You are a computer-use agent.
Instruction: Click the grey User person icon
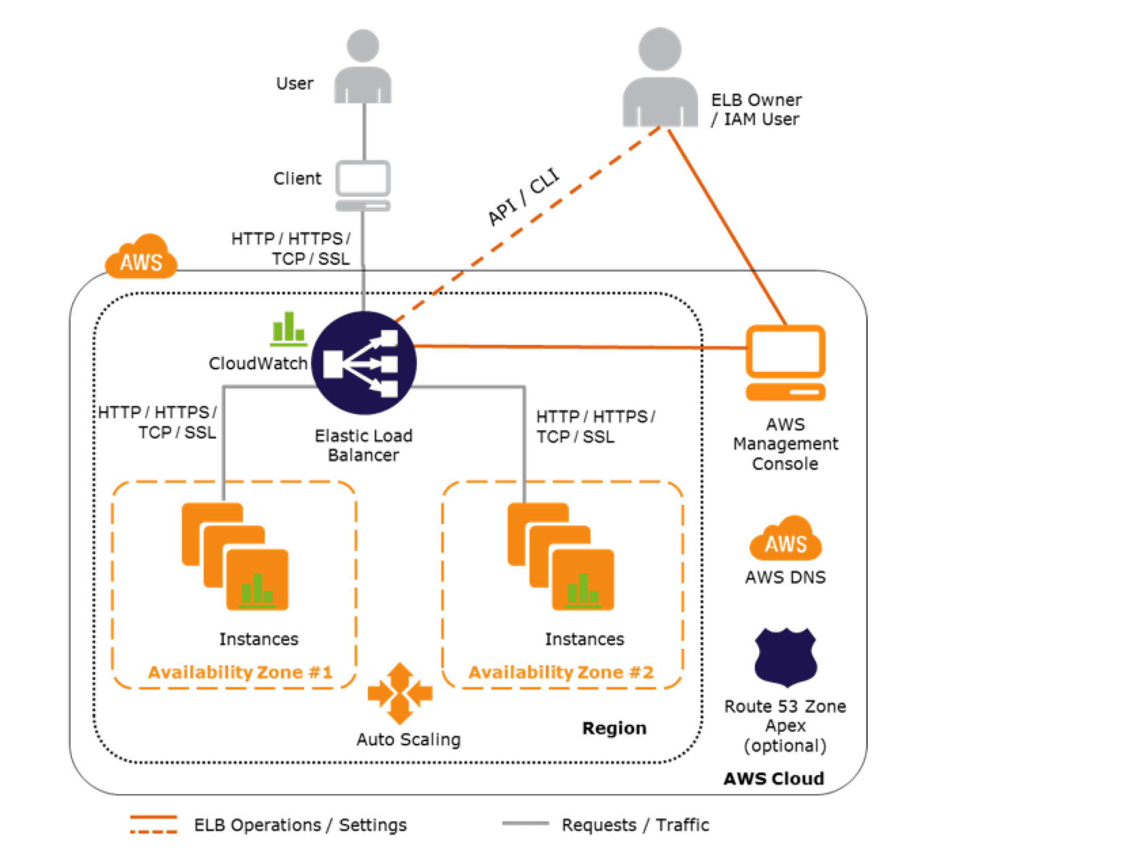pos(363,68)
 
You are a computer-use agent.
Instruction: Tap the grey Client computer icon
pos(363,185)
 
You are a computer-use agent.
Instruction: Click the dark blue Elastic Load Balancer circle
pos(364,362)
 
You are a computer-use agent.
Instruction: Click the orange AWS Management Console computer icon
pos(786,363)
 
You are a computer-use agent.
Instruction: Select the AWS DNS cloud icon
pos(786,539)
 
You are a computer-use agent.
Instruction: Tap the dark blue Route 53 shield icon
pos(786,657)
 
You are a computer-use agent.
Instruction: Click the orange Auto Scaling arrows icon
pos(400,693)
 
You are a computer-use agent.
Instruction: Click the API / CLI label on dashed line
pos(523,198)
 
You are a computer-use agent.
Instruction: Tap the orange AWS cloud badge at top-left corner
pos(141,258)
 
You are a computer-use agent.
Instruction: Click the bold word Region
pos(614,728)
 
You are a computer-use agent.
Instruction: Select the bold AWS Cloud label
pos(773,779)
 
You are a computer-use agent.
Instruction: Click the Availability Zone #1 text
pos(240,672)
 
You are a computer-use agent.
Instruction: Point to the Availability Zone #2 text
pos(561,672)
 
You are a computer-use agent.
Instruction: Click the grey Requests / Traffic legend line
pos(525,824)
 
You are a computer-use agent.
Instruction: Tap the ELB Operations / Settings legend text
pos(300,825)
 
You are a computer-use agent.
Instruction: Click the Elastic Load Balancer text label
pos(363,445)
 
